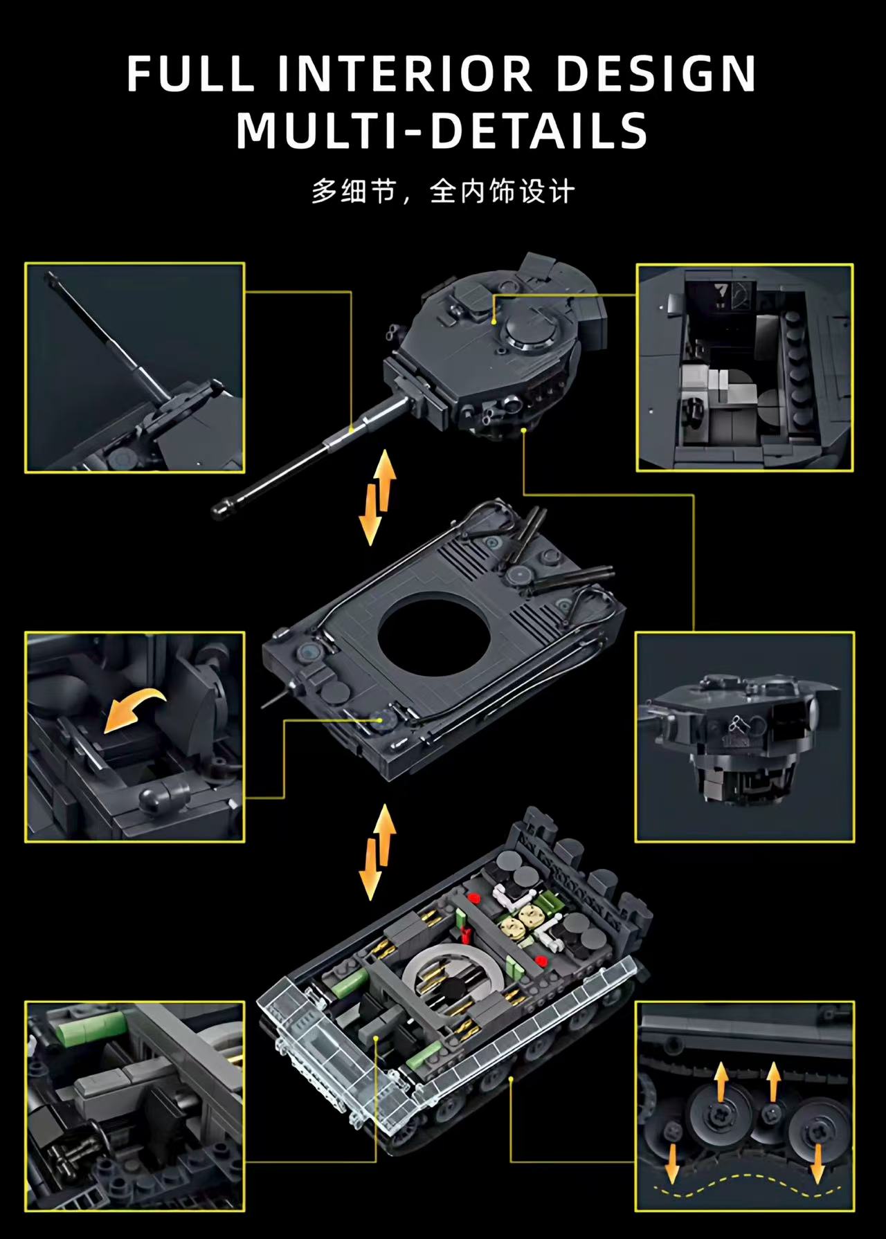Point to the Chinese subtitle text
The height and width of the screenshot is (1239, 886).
point(443,192)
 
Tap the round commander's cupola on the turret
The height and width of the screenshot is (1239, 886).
point(532,334)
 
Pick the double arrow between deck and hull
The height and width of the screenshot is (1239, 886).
point(377,852)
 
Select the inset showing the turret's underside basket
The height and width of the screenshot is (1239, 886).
point(745,737)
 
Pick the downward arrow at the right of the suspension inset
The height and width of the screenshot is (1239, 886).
point(817,1162)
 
